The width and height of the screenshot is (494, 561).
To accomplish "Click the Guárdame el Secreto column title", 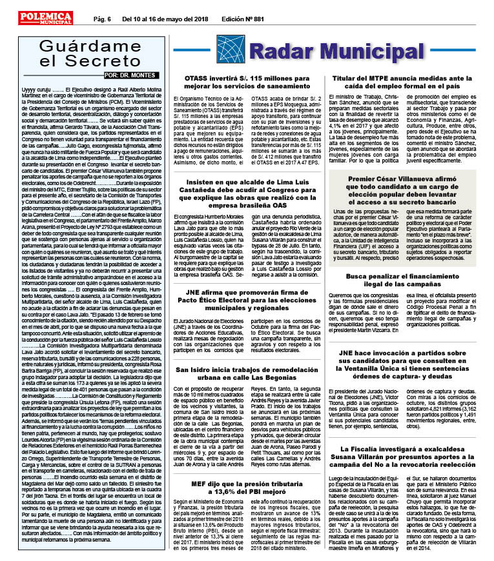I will click(x=84, y=53).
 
